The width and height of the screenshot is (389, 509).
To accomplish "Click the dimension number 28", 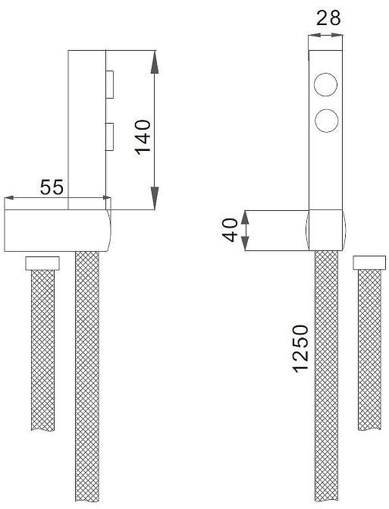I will [328, 18].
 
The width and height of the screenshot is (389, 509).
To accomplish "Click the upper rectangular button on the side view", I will [110, 84].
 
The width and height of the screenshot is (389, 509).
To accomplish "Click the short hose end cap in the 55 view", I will [43, 263].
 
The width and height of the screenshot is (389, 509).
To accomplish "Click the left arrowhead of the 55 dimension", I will [9, 200].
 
